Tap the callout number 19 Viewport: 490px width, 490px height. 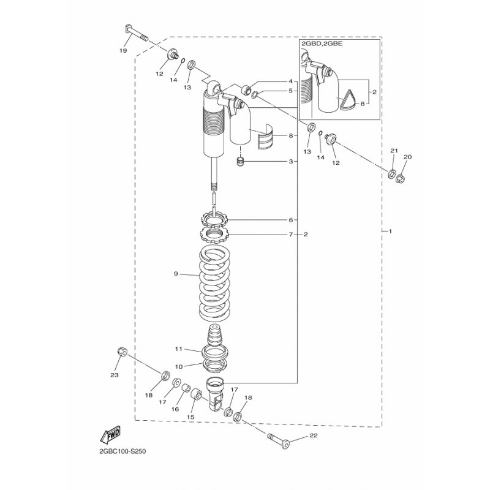click(123, 51)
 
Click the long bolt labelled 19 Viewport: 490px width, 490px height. click(137, 33)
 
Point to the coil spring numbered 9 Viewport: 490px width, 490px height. click(215, 284)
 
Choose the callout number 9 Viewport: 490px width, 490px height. click(176, 274)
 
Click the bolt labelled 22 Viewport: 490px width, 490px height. click(279, 440)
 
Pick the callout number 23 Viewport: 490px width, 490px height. click(115, 375)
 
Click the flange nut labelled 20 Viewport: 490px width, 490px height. click(401, 179)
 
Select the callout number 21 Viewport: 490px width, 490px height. click(394, 151)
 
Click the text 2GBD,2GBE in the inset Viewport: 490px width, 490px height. click(322, 43)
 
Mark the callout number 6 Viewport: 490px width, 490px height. click(290, 220)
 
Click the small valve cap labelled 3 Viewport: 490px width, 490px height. click(241, 162)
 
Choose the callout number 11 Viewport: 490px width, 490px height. click(178, 349)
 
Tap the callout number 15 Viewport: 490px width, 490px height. click(190, 417)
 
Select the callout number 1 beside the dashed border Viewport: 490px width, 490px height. click(390, 232)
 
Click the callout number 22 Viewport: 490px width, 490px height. click(314, 435)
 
